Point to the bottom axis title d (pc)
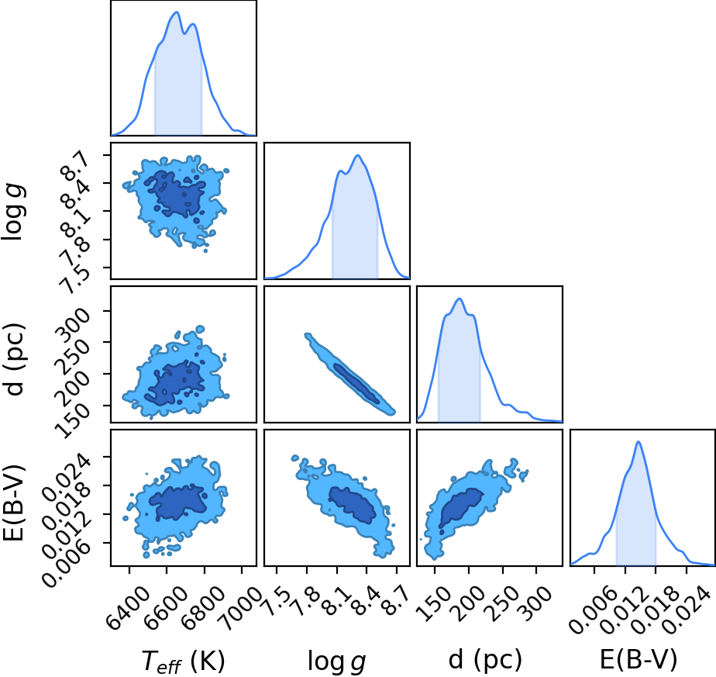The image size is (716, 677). pyautogui.click(x=485, y=660)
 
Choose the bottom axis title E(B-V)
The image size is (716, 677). pyautogui.click(x=638, y=660)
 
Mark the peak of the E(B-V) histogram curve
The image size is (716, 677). pyautogui.click(x=639, y=441)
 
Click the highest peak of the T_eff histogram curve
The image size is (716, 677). pyautogui.click(x=177, y=12)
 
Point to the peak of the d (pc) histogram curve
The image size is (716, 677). pyautogui.click(x=460, y=299)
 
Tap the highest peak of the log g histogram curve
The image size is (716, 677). pyautogui.click(x=359, y=155)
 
